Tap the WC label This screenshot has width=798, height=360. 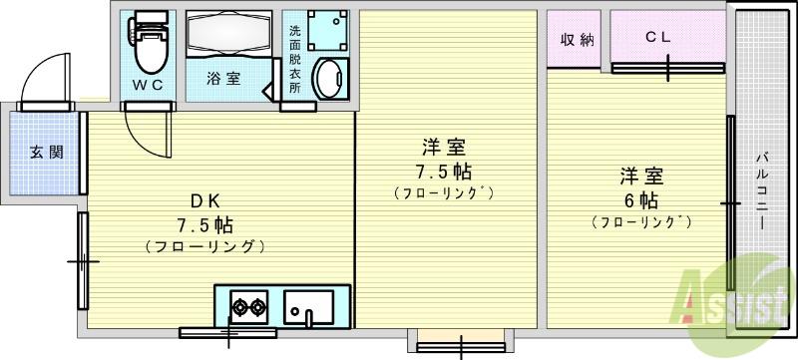(148, 85)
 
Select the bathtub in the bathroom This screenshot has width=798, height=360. (228, 33)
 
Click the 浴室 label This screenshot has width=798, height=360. (223, 79)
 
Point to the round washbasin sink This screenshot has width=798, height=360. (330, 79)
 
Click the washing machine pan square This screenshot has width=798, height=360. (328, 30)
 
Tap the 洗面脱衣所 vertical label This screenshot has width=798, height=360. (294, 59)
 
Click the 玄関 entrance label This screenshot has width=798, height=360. (46, 152)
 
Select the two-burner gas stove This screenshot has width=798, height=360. (248, 306)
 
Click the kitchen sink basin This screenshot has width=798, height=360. (309, 307)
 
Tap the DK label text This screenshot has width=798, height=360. (204, 201)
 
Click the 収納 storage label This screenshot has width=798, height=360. (578, 39)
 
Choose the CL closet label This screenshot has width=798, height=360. (658, 37)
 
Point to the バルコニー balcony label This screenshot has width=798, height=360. (762, 190)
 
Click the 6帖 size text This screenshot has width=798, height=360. (641, 201)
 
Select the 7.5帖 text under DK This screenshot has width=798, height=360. (205, 223)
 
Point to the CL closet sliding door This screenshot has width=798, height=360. (668, 68)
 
